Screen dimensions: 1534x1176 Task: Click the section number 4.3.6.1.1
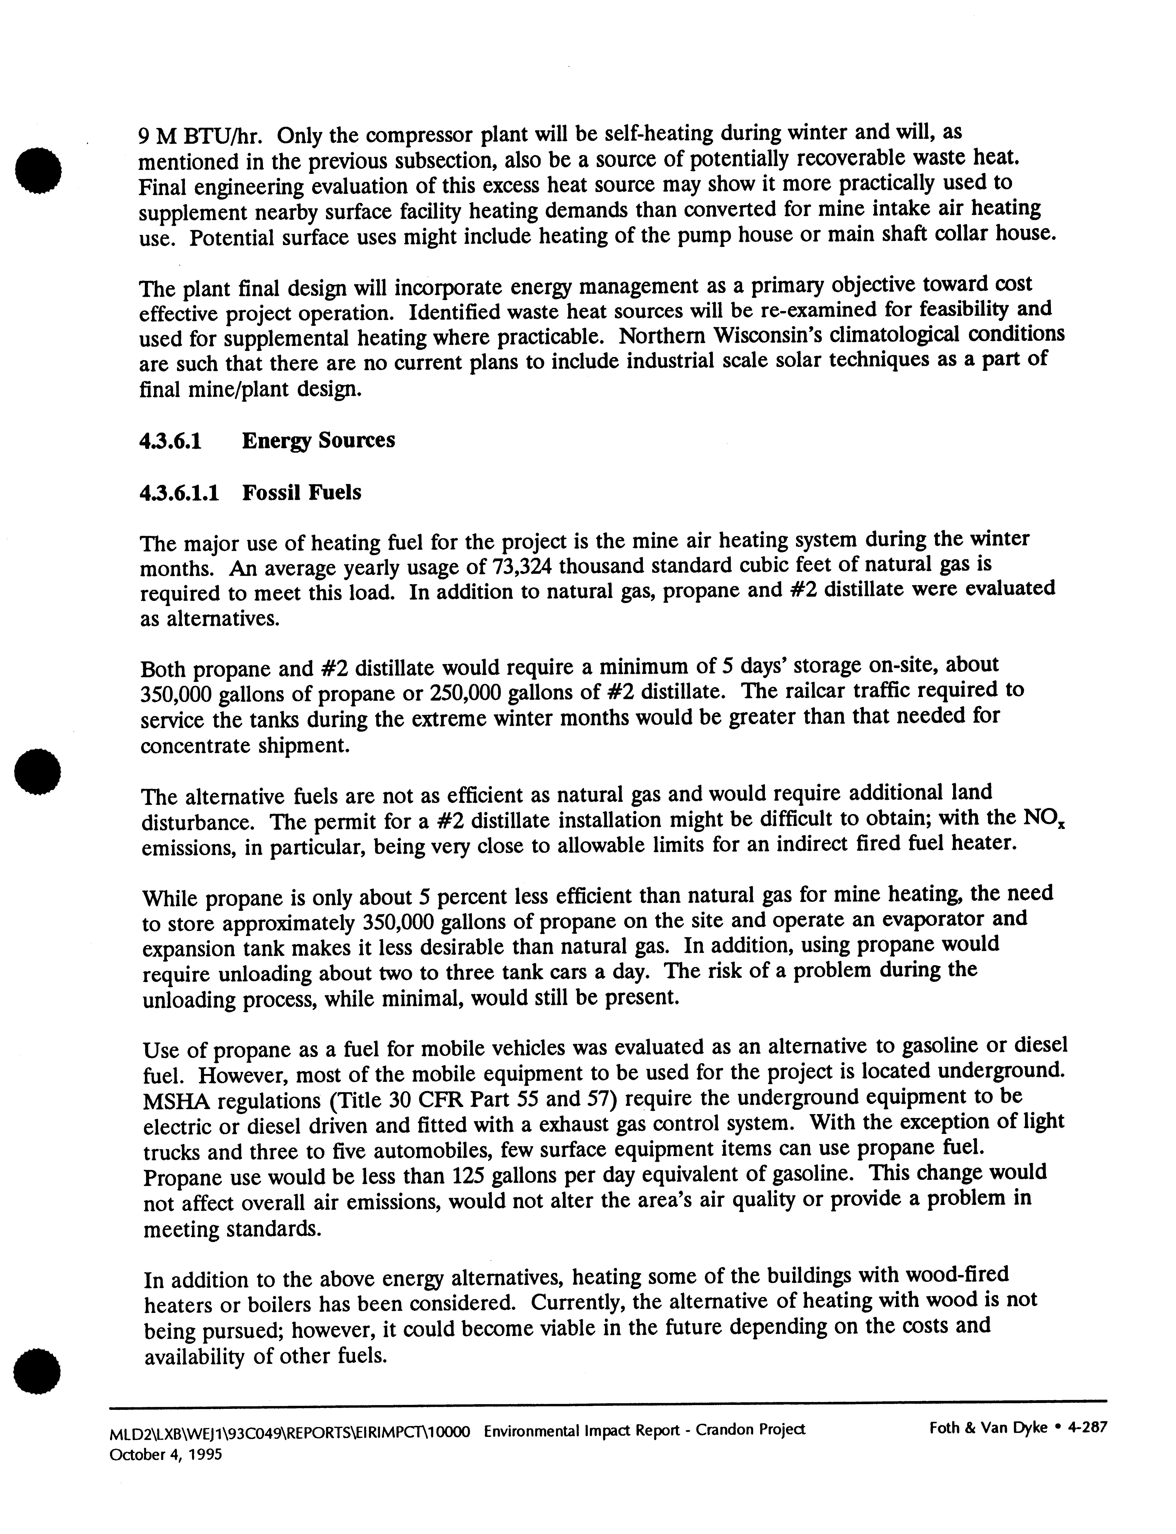tap(179, 493)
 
